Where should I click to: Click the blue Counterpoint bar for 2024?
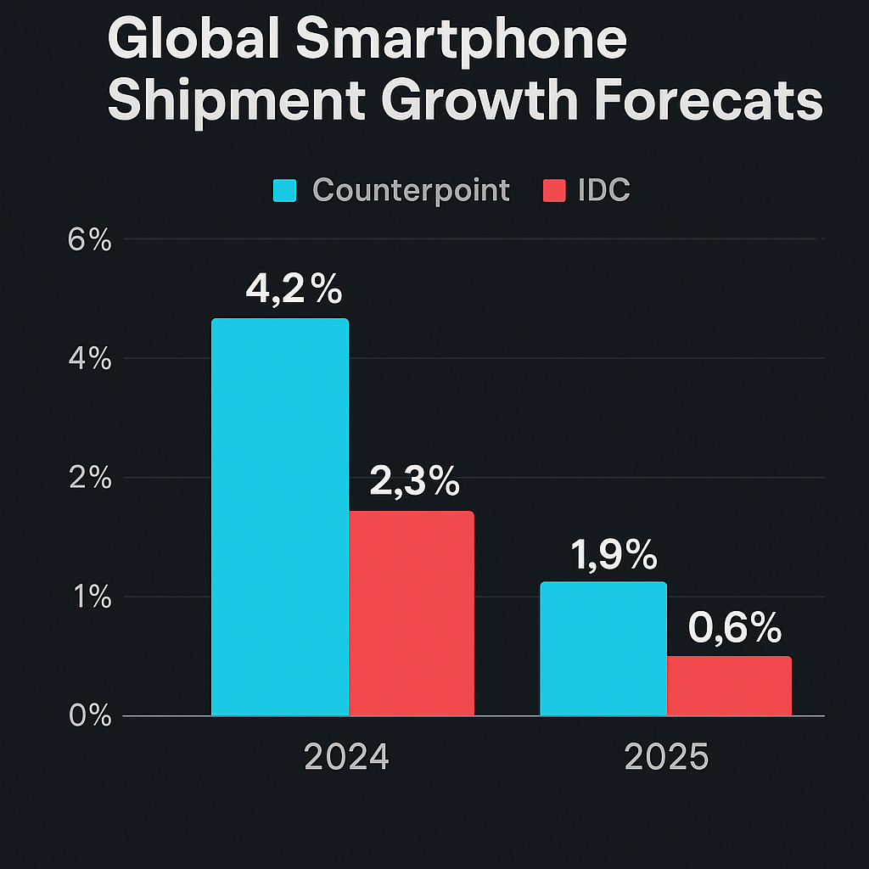pyautogui.click(x=279, y=517)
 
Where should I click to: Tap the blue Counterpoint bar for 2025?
pyautogui.click(x=603, y=648)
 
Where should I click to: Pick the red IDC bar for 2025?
pyautogui.click(x=729, y=686)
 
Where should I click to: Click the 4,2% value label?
pyautogui.click(x=294, y=290)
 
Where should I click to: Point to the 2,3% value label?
pyautogui.click(x=415, y=483)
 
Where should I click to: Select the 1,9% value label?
pyautogui.click(x=613, y=555)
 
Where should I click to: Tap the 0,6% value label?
pyautogui.click(x=735, y=629)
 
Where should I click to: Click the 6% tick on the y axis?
pyautogui.click(x=90, y=240)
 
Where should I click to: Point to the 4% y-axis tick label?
pyautogui.click(x=90, y=359)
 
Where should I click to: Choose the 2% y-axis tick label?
pyautogui.click(x=90, y=479)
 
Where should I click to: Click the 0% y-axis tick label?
pyautogui.click(x=90, y=716)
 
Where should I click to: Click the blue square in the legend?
pyautogui.click(x=284, y=190)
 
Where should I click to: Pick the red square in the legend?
pyautogui.click(x=553, y=190)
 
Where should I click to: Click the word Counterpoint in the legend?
pyautogui.click(x=412, y=190)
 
